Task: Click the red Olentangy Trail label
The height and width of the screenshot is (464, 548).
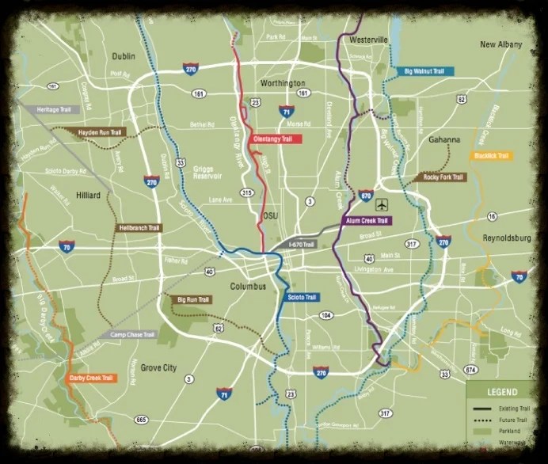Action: pos(272,139)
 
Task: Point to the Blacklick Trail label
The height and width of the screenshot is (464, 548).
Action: pos(491,156)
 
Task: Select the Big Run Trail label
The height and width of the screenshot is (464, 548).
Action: pos(192,299)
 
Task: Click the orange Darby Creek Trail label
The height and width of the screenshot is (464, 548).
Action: pos(92,378)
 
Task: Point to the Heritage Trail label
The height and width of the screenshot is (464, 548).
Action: pos(53,109)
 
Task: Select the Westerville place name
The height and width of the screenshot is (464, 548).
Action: pos(368,40)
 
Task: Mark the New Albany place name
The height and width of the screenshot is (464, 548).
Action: pos(500,45)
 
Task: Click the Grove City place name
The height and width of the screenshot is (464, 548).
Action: pos(162,367)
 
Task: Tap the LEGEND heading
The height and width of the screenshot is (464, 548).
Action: pos(502,392)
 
